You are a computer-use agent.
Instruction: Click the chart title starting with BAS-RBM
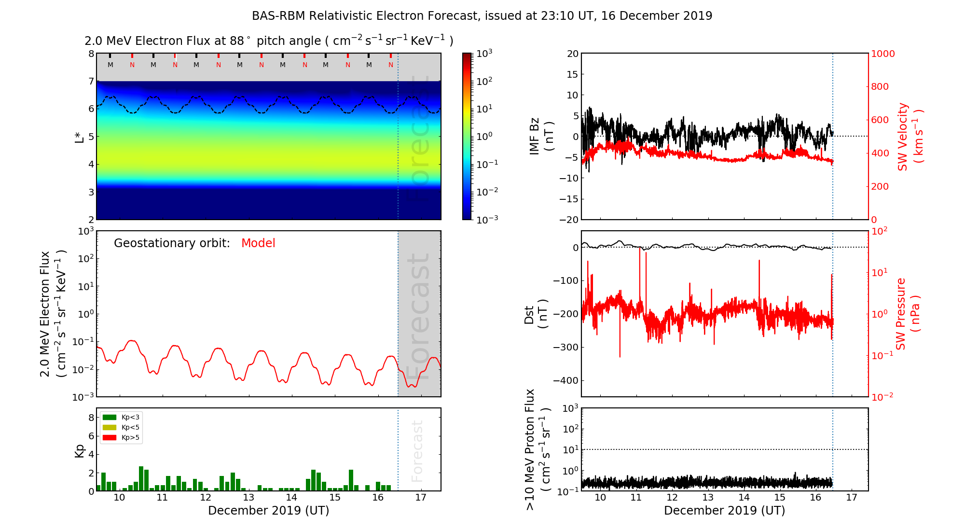[x=482, y=16]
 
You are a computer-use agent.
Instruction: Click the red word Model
[x=258, y=243]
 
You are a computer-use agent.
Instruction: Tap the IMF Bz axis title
[x=541, y=137]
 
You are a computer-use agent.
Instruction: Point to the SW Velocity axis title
[x=910, y=137]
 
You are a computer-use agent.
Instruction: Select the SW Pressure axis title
[x=908, y=314]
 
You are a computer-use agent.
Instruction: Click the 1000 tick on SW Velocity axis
[x=882, y=54]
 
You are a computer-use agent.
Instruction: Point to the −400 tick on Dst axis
[x=565, y=380]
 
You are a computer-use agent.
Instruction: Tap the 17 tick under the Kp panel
[x=421, y=498]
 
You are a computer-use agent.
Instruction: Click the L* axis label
[x=80, y=137]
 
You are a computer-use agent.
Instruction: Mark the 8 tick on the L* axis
[x=91, y=54]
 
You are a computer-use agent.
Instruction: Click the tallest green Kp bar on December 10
[x=141, y=478]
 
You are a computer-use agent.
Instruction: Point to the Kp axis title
[x=80, y=450]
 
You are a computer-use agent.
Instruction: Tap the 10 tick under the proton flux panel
[x=600, y=498]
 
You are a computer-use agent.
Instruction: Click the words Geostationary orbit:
[x=172, y=243]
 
